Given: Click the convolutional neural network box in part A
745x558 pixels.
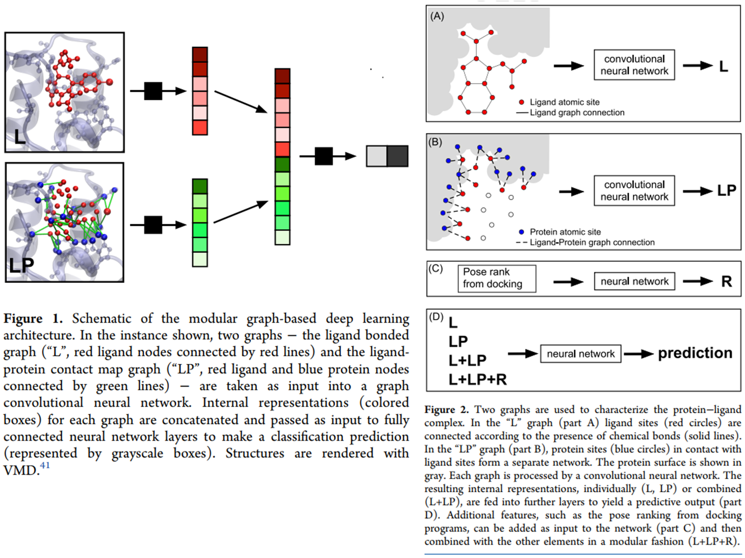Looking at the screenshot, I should pyautogui.click(x=634, y=65).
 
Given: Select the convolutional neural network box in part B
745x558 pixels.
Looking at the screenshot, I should pyautogui.click(x=634, y=191).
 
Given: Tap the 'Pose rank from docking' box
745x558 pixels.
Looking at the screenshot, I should pyautogui.click(x=496, y=278).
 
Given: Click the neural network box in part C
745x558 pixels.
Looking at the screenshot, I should pyautogui.click(x=634, y=281).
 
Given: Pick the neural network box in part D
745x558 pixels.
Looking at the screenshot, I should pyautogui.click(x=580, y=354).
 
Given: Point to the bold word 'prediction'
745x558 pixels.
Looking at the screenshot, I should pyautogui.click(x=695, y=353).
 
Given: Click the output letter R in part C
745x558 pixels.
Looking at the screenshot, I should pyautogui.click(x=727, y=281).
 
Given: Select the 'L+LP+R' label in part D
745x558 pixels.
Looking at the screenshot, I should pyautogui.click(x=477, y=380).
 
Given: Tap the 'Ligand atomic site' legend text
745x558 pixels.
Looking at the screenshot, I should pyautogui.click(x=564, y=102).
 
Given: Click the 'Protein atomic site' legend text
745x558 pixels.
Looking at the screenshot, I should pyautogui.click(x=565, y=232).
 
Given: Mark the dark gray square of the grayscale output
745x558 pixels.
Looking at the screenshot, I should pyautogui.click(x=398, y=156).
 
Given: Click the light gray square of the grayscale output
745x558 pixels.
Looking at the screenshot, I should pyautogui.click(x=377, y=156).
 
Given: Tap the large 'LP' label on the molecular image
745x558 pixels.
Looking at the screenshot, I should pyautogui.click(x=21, y=265).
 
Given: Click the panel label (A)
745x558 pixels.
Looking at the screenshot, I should pyautogui.click(x=437, y=16).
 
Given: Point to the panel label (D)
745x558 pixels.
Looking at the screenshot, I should pyautogui.click(x=436, y=317).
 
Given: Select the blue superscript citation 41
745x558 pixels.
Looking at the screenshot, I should pyautogui.click(x=45, y=465).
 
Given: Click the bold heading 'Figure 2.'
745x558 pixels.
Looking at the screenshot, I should pyautogui.click(x=446, y=410).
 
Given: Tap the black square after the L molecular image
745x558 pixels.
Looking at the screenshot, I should pyautogui.click(x=153, y=91).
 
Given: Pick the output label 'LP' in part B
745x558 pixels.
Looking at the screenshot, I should pyautogui.click(x=726, y=191).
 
